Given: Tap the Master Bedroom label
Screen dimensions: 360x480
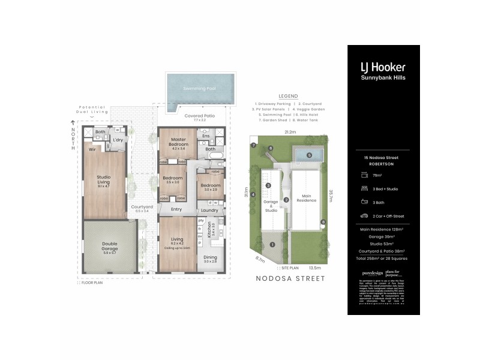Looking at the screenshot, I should tap(179, 142).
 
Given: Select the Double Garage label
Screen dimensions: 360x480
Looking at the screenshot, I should tap(110, 247).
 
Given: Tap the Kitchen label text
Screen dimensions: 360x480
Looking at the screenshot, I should tap(209, 230).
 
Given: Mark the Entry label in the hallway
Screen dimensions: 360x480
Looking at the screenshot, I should tap(176, 209).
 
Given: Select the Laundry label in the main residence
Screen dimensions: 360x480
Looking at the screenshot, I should tap(209, 210).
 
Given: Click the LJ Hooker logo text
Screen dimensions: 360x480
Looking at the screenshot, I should tap(383, 67).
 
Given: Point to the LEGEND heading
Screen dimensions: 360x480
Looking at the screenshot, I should tap(288, 96).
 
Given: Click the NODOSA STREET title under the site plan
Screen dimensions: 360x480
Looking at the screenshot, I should tap(290, 278).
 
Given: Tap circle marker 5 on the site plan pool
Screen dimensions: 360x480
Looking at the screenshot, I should tap(310, 155).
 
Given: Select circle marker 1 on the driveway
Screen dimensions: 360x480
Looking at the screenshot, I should tap(272, 244).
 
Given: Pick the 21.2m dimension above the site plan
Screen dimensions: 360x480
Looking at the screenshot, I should tap(290, 132).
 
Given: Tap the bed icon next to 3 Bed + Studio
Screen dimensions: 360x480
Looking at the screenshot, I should tap(364, 189).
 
